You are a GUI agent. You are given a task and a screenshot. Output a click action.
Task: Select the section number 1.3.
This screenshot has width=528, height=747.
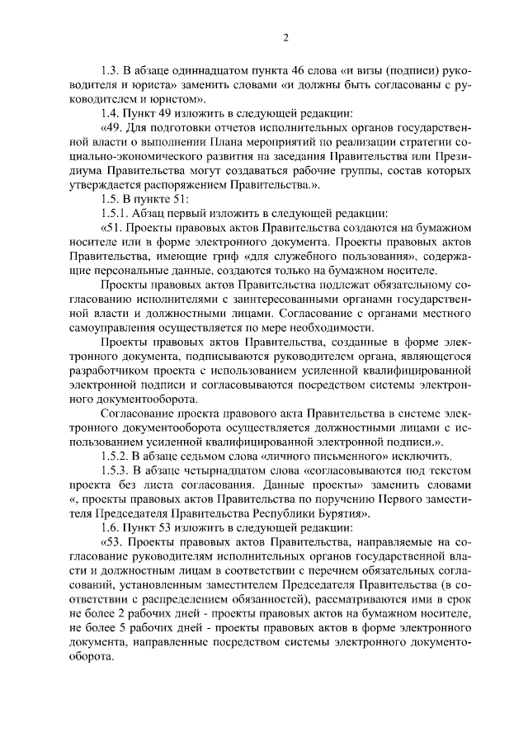pos(109,69)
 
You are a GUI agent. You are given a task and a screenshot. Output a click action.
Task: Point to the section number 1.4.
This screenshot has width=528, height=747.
pos(109,113)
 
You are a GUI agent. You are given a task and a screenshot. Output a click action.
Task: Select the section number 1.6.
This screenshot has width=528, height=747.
pos(109,528)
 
